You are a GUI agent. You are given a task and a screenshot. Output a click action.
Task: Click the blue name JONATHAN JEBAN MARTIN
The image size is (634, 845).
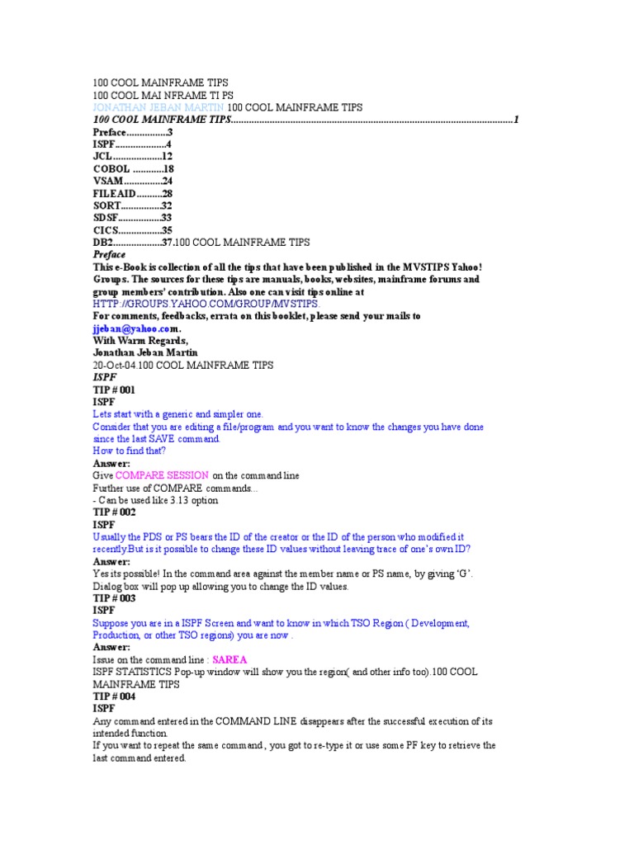(x=158, y=107)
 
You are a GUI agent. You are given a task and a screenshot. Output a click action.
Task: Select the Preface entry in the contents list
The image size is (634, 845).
(x=132, y=132)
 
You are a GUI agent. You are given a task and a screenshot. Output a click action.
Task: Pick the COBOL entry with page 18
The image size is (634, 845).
(x=133, y=168)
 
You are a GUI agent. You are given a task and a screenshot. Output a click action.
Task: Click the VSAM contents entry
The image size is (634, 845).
(x=132, y=181)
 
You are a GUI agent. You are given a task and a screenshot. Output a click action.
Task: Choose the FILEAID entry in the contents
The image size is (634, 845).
(x=132, y=193)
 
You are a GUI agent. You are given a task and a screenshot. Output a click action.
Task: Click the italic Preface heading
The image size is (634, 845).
(x=109, y=255)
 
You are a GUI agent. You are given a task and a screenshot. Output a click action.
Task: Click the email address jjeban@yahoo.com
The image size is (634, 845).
(x=135, y=328)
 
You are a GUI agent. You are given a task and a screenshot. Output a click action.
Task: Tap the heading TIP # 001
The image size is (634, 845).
(x=115, y=389)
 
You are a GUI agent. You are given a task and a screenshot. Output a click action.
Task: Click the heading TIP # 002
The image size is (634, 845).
(x=115, y=512)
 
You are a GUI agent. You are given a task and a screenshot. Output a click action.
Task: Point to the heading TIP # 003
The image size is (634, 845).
(x=115, y=597)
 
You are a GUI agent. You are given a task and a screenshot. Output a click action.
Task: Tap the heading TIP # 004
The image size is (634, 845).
(x=115, y=696)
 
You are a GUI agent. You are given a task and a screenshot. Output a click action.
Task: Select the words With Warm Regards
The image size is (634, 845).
(x=140, y=340)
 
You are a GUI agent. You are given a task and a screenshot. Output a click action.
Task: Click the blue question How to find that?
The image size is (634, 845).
(x=129, y=451)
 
